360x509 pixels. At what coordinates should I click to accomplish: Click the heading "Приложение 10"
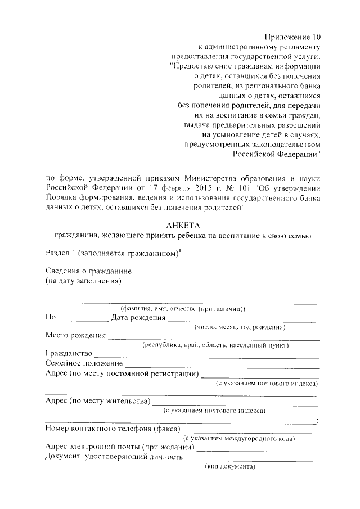[x=292, y=37]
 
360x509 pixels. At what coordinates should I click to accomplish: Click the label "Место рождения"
[x=75, y=336]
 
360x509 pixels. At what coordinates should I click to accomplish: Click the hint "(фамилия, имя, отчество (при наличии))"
[x=183, y=308]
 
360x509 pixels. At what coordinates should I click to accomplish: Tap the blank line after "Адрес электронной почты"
[x=258, y=450]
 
